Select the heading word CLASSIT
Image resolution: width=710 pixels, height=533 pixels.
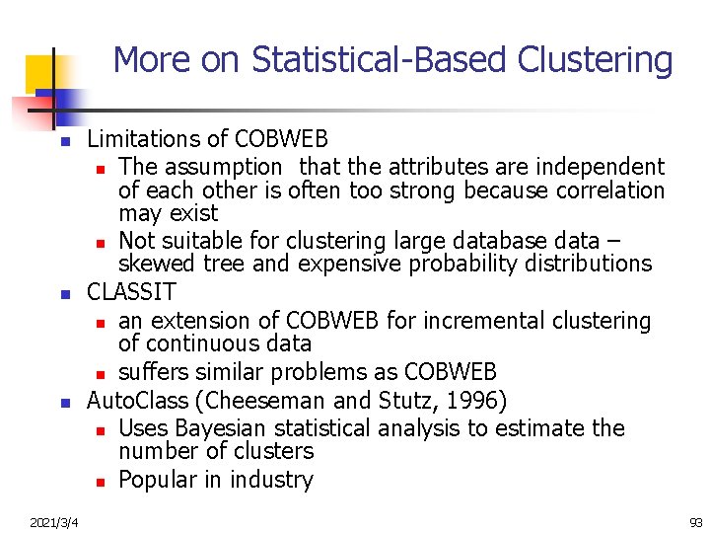click(x=131, y=292)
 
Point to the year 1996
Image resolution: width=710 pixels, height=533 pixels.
click(x=476, y=400)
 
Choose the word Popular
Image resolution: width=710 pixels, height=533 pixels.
click(x=162, y=480)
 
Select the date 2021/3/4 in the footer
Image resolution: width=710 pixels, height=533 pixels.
click(x=55, y=520)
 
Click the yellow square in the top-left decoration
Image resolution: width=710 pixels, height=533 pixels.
click(x=39, y=71)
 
